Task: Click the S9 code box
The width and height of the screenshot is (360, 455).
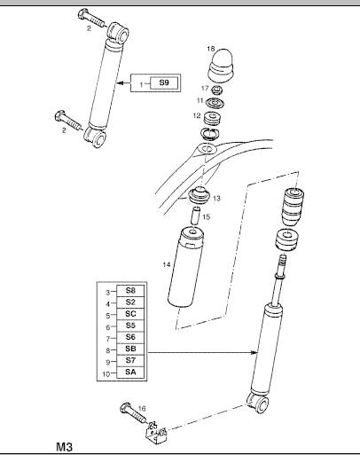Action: [x=164, y=82]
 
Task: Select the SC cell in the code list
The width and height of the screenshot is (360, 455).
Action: [x=130, y=314]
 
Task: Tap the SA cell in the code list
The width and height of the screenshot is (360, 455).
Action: [x=130, y=373]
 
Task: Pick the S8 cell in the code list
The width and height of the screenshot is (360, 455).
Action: [x=130, y=291]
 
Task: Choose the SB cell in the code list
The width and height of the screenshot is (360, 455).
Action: [x=130, y=349]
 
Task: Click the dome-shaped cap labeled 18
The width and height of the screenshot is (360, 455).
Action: [x=220, y=66]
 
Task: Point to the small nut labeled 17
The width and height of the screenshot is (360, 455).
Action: [x=216, y=89]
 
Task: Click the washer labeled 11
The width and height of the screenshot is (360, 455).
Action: [x=215, y=103]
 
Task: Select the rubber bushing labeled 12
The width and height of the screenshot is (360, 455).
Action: [x=213, y=119]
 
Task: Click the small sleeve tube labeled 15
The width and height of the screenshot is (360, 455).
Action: [x=195, y=216]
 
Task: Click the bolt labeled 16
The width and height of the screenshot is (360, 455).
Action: [x=134, y=413]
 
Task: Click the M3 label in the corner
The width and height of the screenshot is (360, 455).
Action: [x=64, y=446]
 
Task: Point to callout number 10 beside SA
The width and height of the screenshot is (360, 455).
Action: [x=106, y=374]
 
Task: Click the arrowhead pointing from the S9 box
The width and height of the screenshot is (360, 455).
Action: [x=120, y=83]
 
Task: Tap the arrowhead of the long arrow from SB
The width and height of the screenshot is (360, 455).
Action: [x=254, y=352]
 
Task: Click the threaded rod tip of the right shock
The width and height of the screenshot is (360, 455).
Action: [x=283, y=260]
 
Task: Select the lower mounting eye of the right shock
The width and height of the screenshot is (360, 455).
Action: [x=258, y=403]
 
